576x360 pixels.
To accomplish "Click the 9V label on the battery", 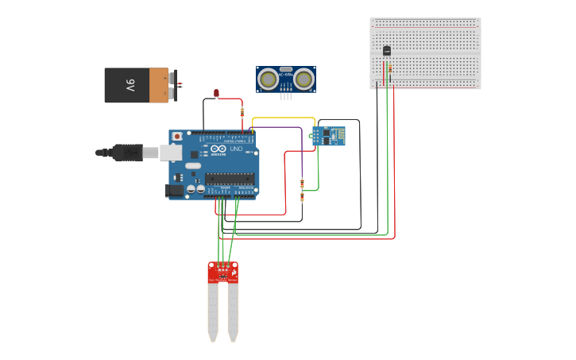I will (x=130, y=85).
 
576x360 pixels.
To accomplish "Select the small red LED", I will (x=216, y=93).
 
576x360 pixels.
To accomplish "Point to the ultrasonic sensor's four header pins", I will (x=286, y=96).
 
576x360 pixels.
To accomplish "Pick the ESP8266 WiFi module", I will (x=328, y=136).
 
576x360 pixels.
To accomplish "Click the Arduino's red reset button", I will (x=176, y=137).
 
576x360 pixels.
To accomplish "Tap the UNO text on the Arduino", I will (x=236, y=149).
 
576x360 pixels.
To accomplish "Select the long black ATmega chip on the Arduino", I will (x=230, y=179).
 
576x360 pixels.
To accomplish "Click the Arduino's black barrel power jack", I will (x=174, y=191).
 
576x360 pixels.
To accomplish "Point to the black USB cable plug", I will (x=128, y=151).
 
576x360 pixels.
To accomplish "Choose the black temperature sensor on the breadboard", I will (x=387, y=50).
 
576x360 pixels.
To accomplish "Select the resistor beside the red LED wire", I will (x=242, y=112).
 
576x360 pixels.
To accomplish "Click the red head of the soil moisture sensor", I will (x=223, y=272).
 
